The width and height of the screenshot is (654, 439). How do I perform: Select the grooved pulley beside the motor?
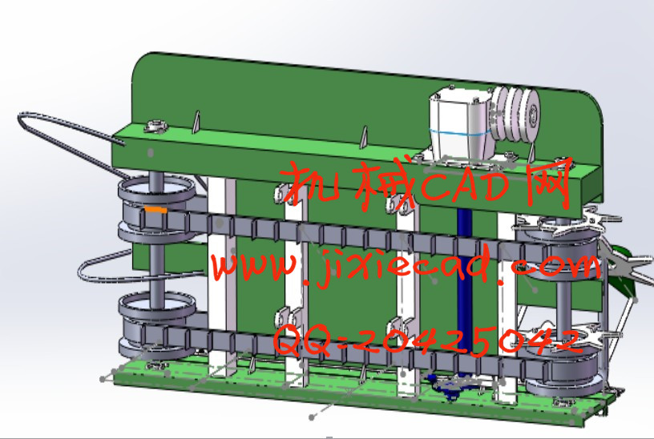(x=515, y=114)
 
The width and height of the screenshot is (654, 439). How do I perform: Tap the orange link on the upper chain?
(x=155, y=209)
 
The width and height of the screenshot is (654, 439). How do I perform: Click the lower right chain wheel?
(x=563, y=371)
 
